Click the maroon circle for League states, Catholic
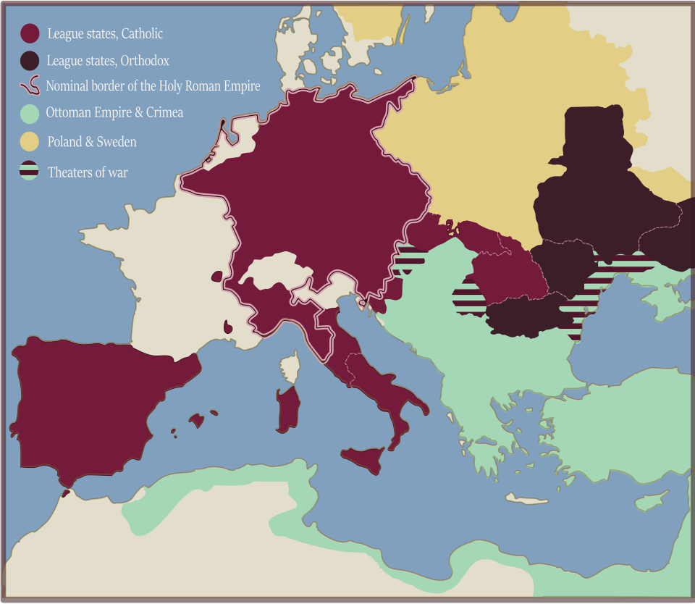point(30,33)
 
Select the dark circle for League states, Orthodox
point(30,61)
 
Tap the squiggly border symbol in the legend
point(30,86)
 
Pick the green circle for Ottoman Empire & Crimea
point(30,113)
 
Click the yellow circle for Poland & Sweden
point(30,142)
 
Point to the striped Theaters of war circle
point(30,172)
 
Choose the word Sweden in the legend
point(116,142)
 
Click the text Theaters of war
point(88,172)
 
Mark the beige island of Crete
point(526,499)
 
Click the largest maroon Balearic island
point(196,420)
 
